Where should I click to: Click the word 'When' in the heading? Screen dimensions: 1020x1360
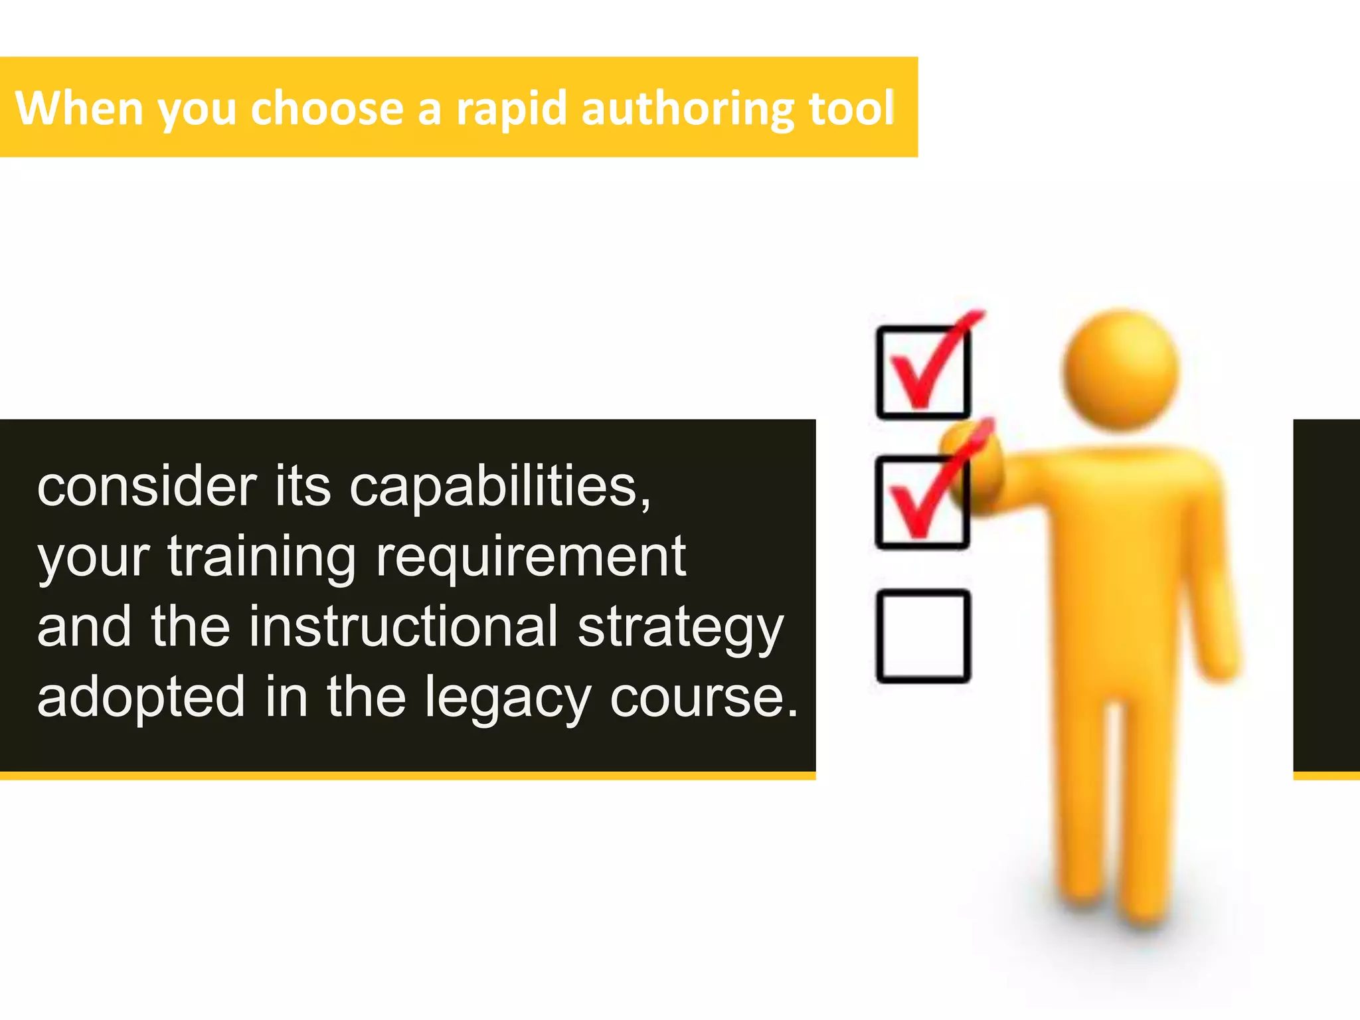(78, 108)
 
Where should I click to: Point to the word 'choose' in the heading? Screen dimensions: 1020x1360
(327, 108)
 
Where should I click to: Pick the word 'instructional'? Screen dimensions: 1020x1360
(403, 627)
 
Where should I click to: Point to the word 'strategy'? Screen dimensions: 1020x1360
(681, 627)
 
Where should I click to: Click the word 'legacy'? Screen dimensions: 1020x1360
(508, 697)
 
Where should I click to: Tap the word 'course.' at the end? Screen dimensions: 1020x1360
(704, 697)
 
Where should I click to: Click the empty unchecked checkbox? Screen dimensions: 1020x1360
(923, 636)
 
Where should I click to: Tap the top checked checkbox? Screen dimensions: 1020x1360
(923, 372)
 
